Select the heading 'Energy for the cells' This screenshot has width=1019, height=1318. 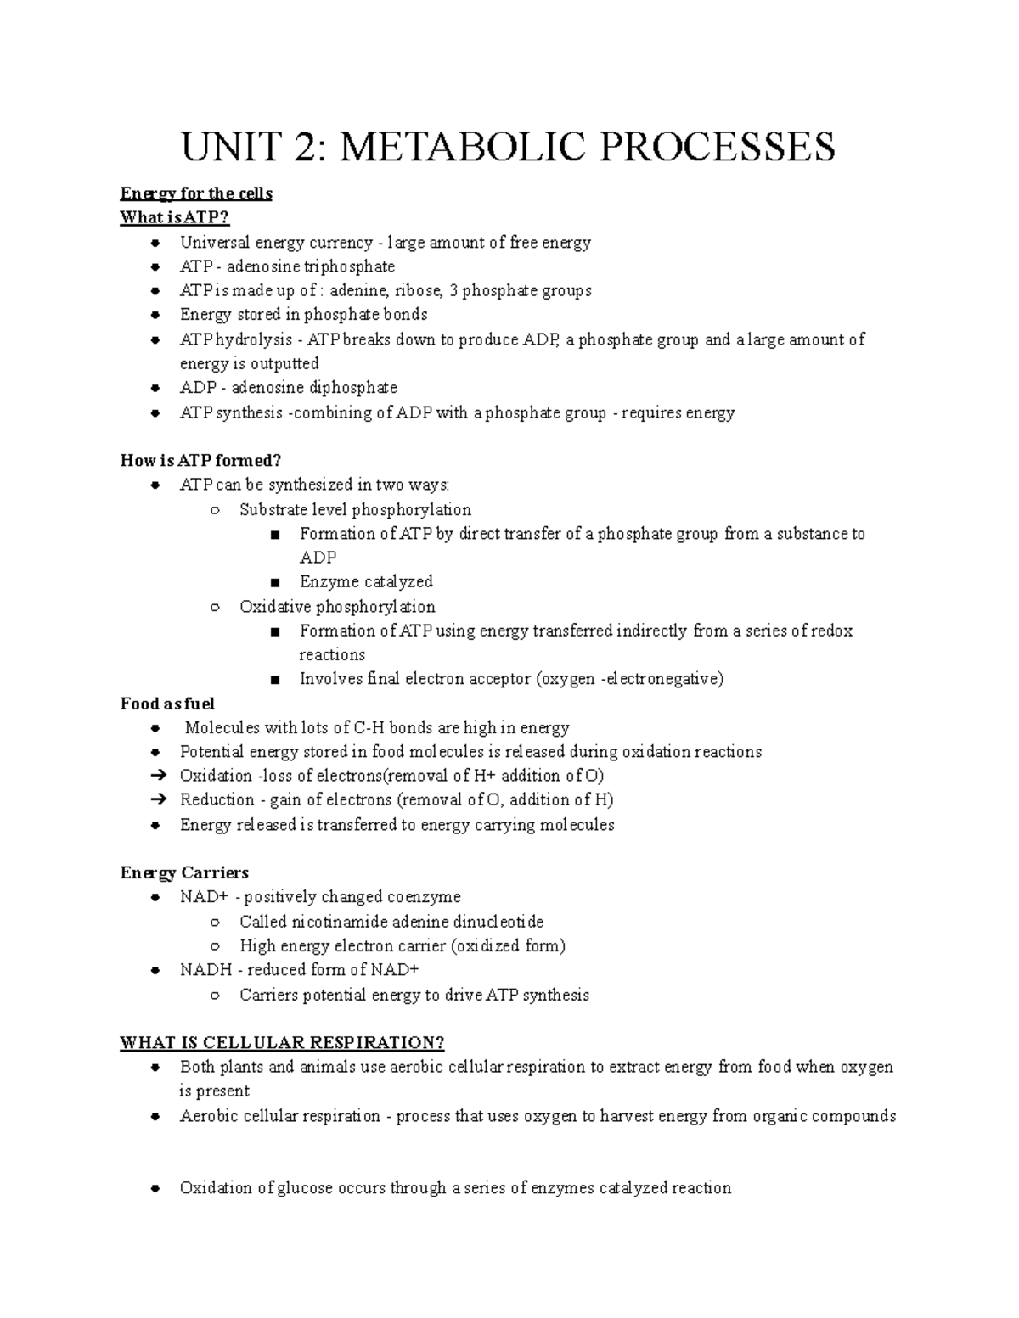tap(196, 193)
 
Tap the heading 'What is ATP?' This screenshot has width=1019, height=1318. tap(175, 218)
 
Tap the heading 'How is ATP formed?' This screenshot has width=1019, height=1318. tap(200, 461)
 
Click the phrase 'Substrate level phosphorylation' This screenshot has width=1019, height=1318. tap(355, 510)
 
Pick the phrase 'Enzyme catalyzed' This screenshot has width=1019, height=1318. tap(366, 582)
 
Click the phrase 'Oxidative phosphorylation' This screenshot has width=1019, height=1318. tap(337, 607)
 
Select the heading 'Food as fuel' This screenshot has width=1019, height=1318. tap(167, 704)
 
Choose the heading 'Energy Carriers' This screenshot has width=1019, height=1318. tap(184, 873)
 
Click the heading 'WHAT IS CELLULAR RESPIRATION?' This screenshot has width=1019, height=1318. tap(282, 1043)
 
